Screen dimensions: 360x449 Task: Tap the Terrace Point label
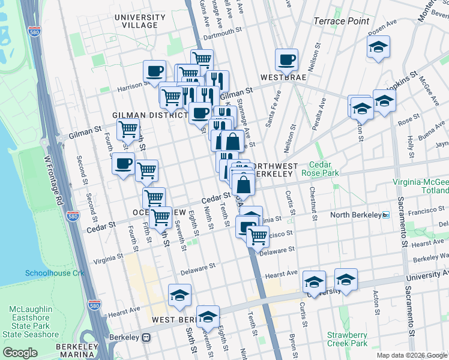tap(341, 21)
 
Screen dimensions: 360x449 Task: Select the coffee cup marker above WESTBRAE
tap(286, 59)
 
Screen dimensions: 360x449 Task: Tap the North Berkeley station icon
tap(387, 215)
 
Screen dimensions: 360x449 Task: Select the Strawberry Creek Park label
tap(347, 339)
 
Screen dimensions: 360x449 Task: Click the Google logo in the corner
tap(20, 353)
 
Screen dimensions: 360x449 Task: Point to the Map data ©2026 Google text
tap(412, 355)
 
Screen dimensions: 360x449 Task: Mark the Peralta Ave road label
tap(319, 114)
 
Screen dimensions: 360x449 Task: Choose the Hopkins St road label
tap(401, 82)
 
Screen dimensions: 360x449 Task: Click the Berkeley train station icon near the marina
tap(146, 337)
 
